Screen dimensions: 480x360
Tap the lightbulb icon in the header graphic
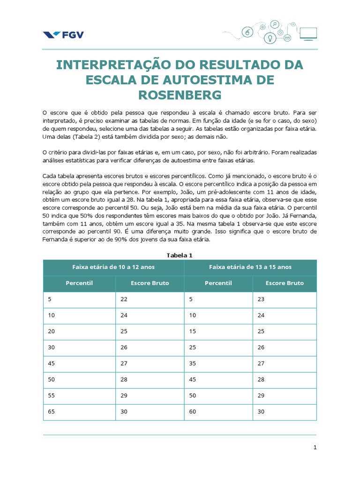pyautogui.click(x=270, y=38)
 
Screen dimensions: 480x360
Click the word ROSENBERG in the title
pyautogui.click(x=180, y=95)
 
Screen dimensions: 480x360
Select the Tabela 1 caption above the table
pyautogui.click(x=180, y=255)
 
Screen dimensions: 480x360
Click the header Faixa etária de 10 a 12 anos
pyautogui.click(x=113, y=267)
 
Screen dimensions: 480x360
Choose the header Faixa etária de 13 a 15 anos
pyautogui.click(x=250, y=267)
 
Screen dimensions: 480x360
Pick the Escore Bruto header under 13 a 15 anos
pyautogui.click(x=285, y=283)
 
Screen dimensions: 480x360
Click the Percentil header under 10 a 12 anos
pyautogui.click(x=79, y=283)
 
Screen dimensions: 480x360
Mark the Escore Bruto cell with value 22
pyautogui.click(x=124, y=300)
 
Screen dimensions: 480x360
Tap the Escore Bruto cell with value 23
pyautogui.click(x=261, y=300)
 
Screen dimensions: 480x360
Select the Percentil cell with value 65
pyautogui.click(x=52, y=411)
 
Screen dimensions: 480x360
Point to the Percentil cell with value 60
pyautogui.click(x=193, y=411)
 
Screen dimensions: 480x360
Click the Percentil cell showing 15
pyautogui.click(x=193, y=331)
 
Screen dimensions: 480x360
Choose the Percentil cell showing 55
pyautogui.click(x=52, y=395)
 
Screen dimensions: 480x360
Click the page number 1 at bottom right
pyautogui.click(x=315, y=448)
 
